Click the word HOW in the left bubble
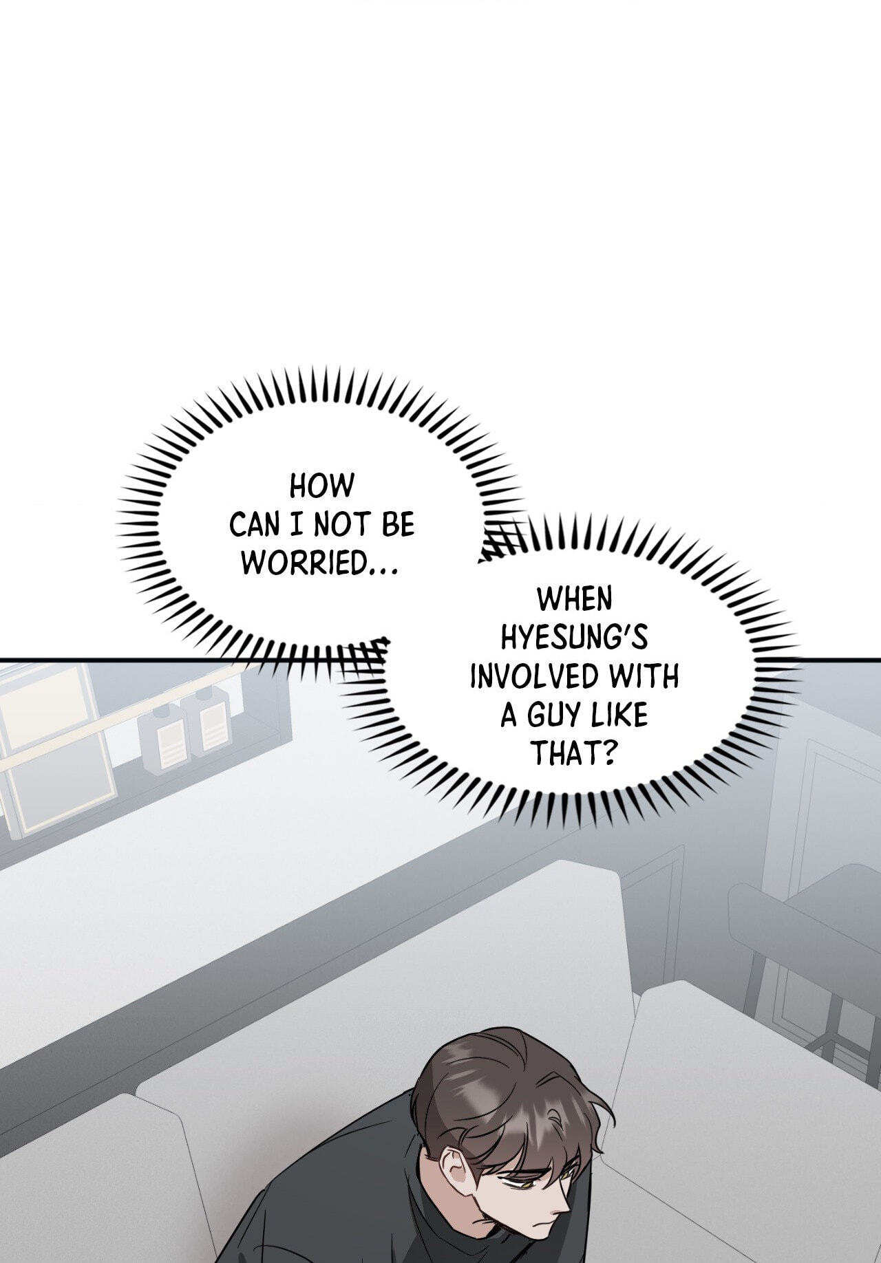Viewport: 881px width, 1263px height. pyautogui.click(x=321, y=486)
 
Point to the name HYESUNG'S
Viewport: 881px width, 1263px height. pyautogui.click(x=574, y=638)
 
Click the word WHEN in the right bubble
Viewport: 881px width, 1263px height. pyautogui.click(x=574, y=600)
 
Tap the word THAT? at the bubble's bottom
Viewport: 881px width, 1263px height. pyautogui.click(x=573, y=755)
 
